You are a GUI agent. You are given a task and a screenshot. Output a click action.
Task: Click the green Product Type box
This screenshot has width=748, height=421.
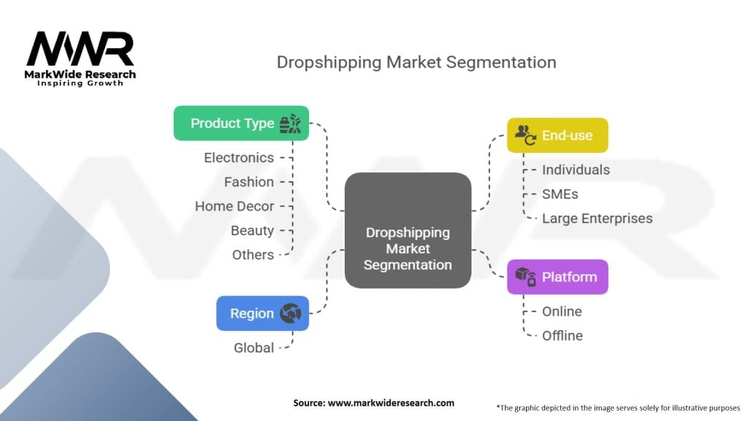pos(241,123)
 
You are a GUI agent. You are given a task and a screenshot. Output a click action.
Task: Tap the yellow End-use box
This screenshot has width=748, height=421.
pos(557,135)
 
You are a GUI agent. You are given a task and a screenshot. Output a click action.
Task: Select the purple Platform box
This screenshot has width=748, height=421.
pos(557,277)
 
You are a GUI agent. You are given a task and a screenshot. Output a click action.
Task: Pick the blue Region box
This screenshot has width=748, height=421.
pos(262,314)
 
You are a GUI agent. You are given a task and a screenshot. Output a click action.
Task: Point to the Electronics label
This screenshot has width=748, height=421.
pos(239,157)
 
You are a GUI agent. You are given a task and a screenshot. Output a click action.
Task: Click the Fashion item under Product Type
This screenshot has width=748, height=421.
pos(249,181)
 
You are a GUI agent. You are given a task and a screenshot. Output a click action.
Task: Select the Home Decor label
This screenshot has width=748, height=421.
pos(234,206)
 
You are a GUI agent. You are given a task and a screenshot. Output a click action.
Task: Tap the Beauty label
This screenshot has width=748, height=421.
pos(252,230)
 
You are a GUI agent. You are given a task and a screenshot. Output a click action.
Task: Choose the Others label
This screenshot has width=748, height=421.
pos(253,254)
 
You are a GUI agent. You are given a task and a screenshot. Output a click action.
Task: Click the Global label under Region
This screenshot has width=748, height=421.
pos(253,348)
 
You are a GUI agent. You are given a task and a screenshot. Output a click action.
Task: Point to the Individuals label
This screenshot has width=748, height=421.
pos(576,170)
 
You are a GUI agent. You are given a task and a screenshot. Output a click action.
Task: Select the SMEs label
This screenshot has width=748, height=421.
pos(560,194)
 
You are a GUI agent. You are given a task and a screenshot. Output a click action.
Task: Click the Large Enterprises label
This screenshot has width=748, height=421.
pos(597,218)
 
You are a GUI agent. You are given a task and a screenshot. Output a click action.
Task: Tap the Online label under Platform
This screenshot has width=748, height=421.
pos(562,311)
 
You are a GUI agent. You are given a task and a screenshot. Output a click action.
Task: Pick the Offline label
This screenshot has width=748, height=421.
pos(562,335)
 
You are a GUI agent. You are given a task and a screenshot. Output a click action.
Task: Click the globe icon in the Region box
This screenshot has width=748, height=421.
pos(290,314)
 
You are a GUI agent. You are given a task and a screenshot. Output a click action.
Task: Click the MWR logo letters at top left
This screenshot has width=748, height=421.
pos(80,50)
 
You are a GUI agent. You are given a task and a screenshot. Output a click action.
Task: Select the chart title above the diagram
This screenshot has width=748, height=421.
pos(416,62)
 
